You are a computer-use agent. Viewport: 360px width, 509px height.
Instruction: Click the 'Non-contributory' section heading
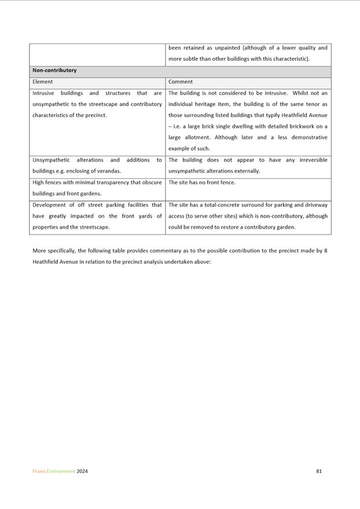point(54,71)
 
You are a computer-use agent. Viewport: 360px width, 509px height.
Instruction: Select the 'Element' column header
point(42,82)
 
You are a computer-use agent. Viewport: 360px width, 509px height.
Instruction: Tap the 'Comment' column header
point(181,82)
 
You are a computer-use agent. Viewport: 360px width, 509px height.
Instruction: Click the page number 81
point(319,471)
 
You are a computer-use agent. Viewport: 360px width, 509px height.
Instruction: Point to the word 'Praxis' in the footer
point(39,471)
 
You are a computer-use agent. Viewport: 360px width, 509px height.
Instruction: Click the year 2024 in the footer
point(82,471)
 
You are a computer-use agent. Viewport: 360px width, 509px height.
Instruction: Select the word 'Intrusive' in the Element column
point(44,93)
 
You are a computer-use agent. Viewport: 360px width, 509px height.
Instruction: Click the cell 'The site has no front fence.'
point(202,182)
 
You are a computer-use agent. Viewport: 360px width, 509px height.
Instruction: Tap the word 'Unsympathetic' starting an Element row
point(51,160)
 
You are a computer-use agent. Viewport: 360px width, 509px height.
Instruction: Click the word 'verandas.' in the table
point(109,171)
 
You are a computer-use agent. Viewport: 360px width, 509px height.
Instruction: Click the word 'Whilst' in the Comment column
point(302,93)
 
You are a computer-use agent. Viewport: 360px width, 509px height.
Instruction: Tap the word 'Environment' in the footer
point(61,471)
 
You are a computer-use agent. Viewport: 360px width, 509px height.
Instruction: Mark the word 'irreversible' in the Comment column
point(313,160)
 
